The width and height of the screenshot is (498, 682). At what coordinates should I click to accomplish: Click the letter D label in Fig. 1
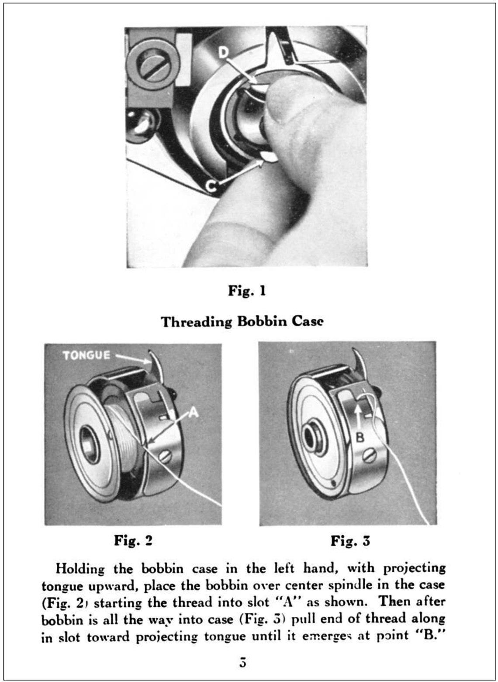224,52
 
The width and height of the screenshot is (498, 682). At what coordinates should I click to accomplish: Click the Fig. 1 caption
247,291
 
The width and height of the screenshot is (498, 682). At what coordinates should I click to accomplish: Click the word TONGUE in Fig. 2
86,355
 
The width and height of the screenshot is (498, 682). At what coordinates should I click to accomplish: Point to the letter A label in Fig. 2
193,413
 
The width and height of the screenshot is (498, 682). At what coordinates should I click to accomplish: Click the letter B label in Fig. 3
360,438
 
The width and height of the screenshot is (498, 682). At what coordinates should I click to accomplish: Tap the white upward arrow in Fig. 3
359,416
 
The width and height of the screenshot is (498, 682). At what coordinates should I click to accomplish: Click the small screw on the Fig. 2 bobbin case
167,456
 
